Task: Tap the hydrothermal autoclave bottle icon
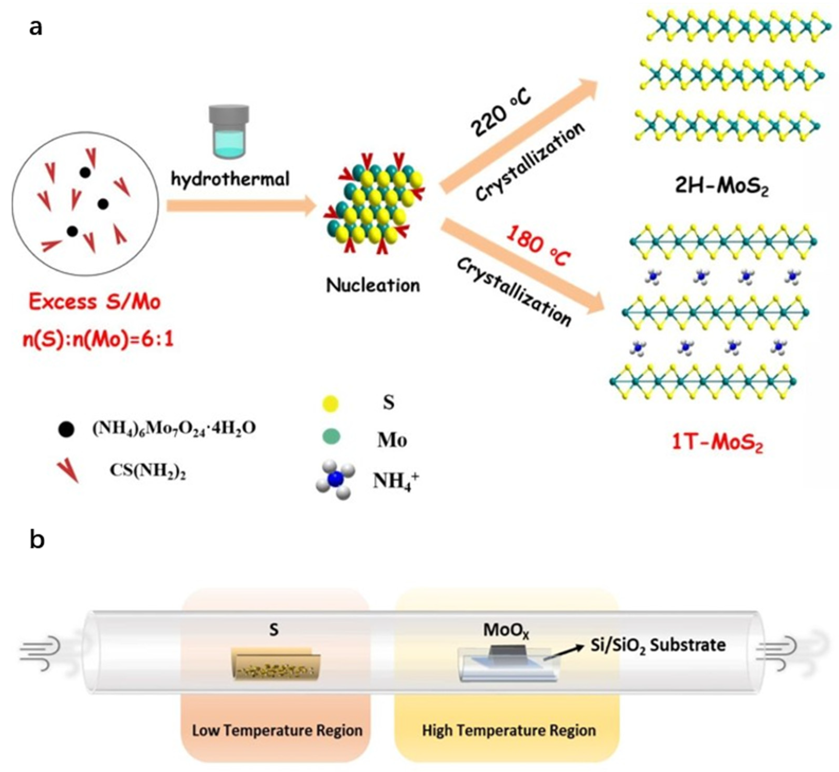[x=229, y=132]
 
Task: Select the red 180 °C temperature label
[x=538, y=246]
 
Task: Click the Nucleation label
[x=373, y=285]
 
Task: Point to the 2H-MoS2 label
[x=722, y=186]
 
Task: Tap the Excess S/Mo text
[x=94, y=301]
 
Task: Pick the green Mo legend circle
[x=331, y=437]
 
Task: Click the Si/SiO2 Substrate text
[x=658, y=645]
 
